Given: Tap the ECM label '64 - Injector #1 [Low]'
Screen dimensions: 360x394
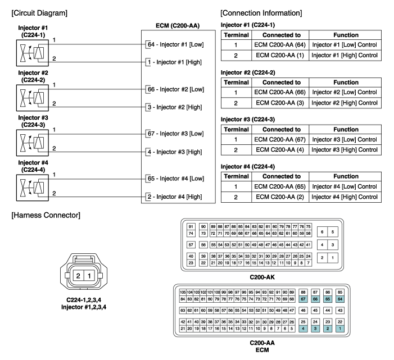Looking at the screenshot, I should click(x=175, y=44).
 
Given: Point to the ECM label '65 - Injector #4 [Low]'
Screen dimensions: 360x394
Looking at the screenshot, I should click(x=175, y=178).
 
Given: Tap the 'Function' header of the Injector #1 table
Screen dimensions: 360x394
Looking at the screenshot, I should click(x=345, y=34).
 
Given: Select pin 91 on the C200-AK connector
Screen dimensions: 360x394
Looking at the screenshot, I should click(x=191, y=226).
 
